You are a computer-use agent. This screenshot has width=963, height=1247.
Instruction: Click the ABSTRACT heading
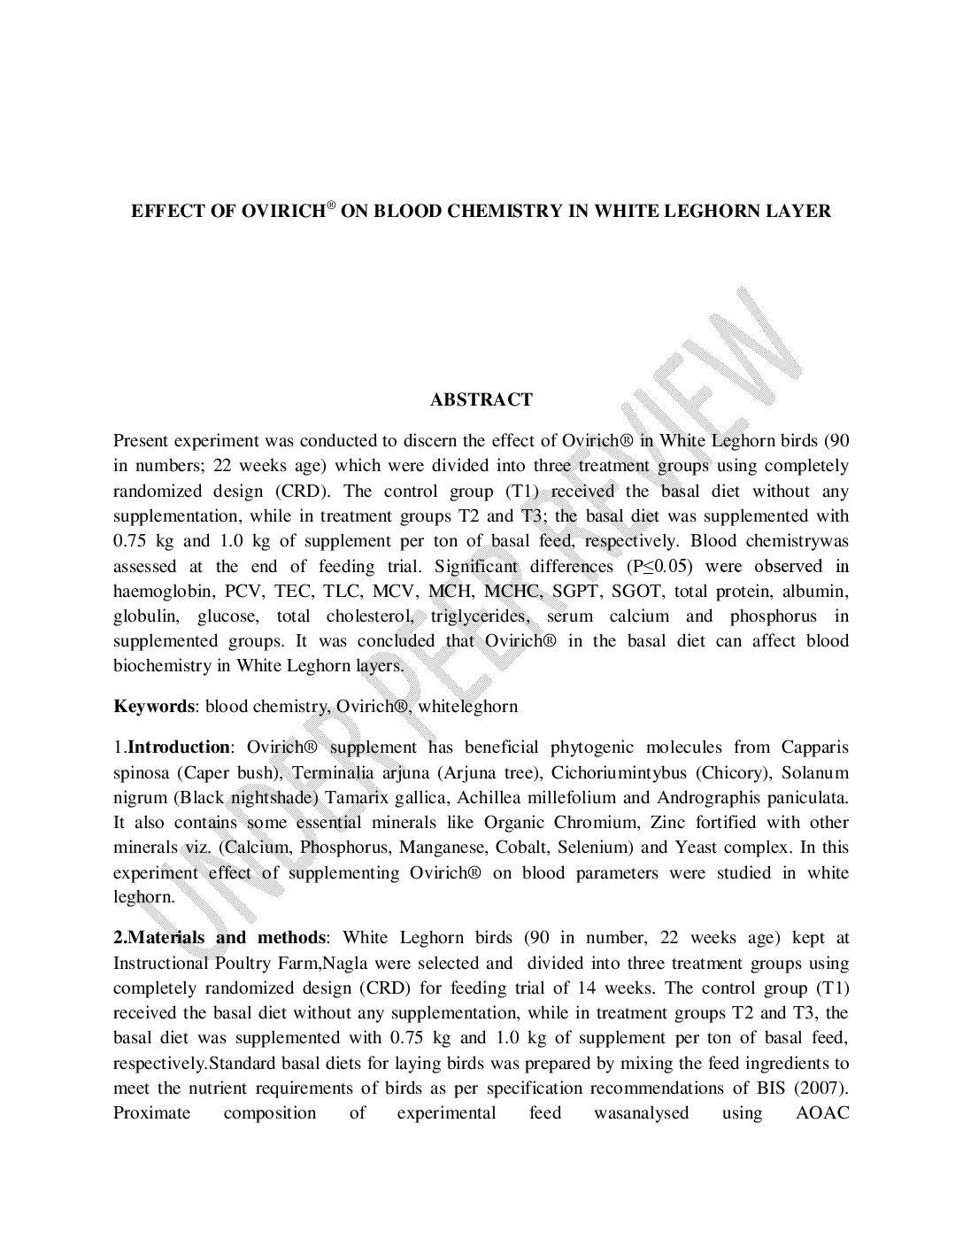click(481, 399)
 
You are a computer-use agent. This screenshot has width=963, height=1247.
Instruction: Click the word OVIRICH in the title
click(282, 212)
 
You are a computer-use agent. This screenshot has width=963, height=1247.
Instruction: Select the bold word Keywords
click(153, 706)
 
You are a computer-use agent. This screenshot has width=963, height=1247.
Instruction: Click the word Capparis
click(814, 747)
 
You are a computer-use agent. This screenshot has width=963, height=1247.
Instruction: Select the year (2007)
click(820, 1088)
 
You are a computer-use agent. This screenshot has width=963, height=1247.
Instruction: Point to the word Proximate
click(151, 1112)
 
